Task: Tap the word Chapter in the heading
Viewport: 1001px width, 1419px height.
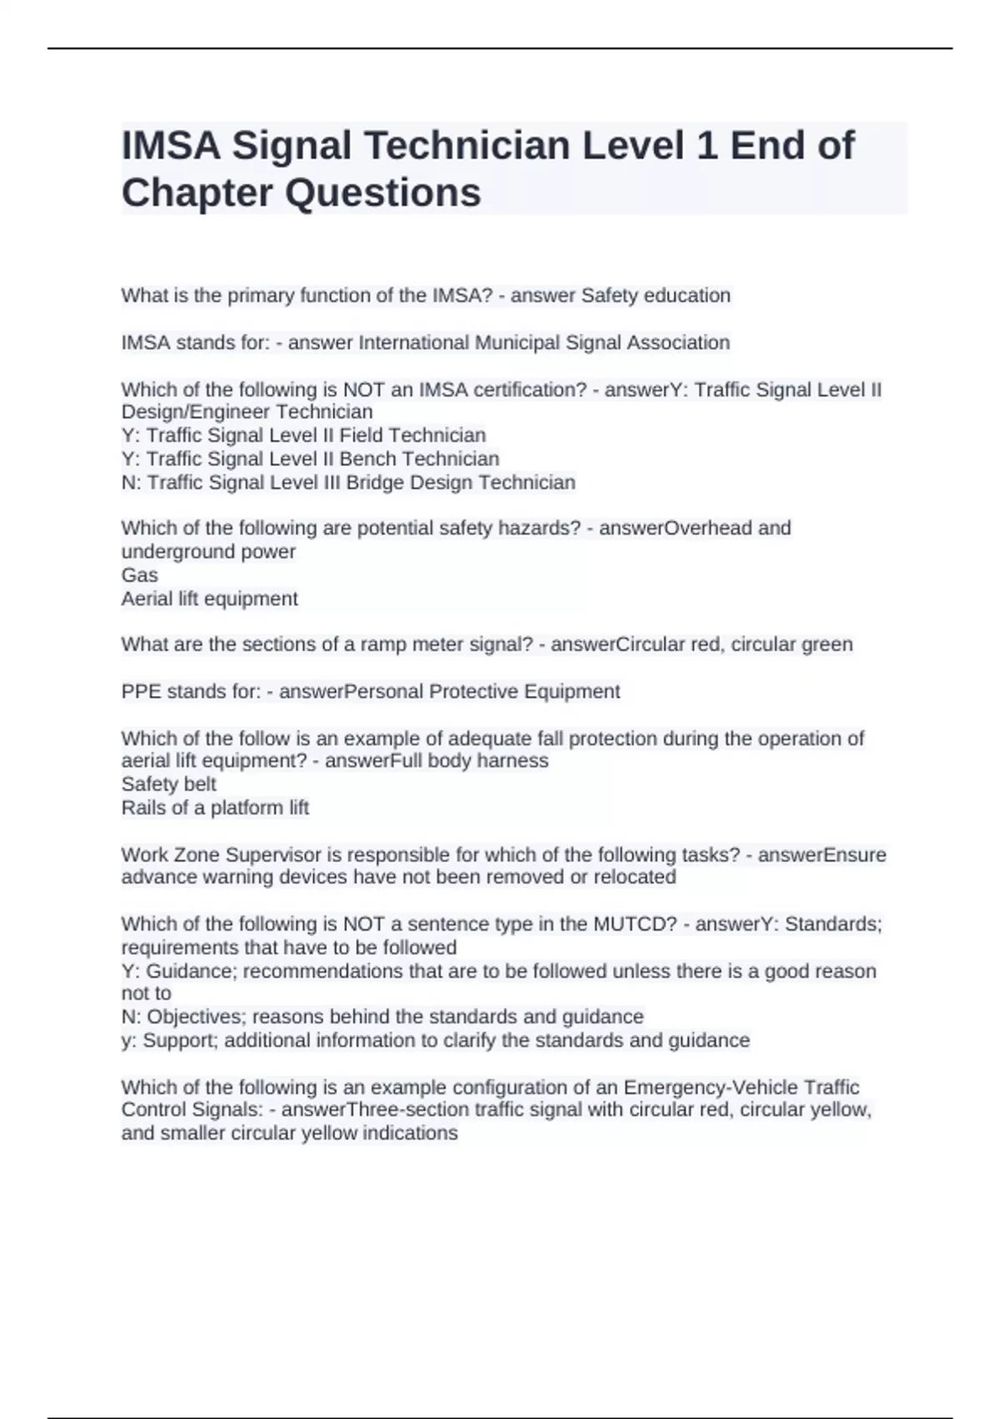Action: point(197,193)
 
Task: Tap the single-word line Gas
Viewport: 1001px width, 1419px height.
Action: point(139,575)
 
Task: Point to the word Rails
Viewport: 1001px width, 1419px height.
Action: point(143,808)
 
